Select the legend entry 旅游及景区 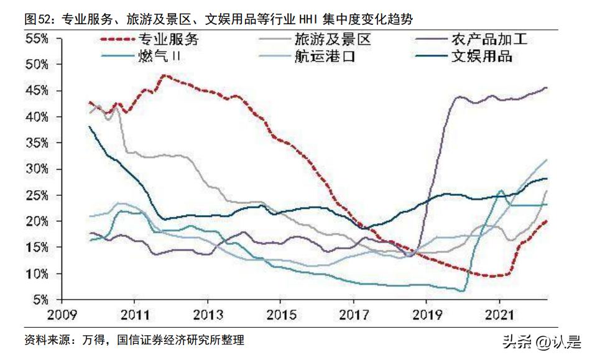(x=333, y=40)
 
